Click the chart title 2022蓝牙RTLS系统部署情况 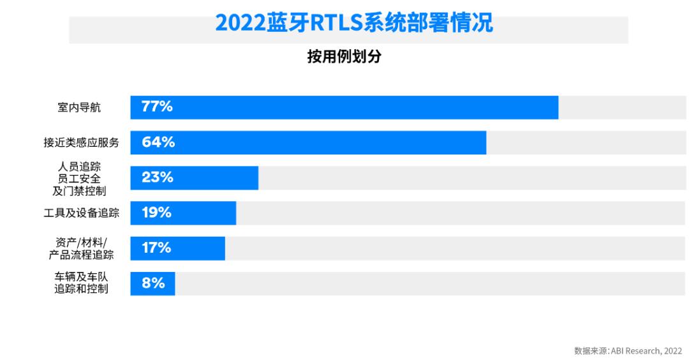click(x=354, y=23)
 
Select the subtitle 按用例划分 click(x=344, y=57)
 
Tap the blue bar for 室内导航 click(x=344, y=107)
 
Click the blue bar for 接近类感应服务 click(x=308, y=142)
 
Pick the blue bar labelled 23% click(x=194, y=177)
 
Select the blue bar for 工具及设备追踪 click(x=183, y=213)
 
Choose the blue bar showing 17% click(x=177, y=248)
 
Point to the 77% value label click(x=157, y=107)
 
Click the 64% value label click(x=158, y=142)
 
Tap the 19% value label click(x=156, y=213)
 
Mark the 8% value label click(x=153, y=283)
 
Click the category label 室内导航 click(x=79, y=107)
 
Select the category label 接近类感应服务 click(x=81, y=142)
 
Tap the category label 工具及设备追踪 click(x=81, y=213)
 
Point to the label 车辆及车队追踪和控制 click(x=81, y=283)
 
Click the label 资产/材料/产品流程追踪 click(x=81, y=248)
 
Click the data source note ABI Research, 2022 click(x=628, y=350)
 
